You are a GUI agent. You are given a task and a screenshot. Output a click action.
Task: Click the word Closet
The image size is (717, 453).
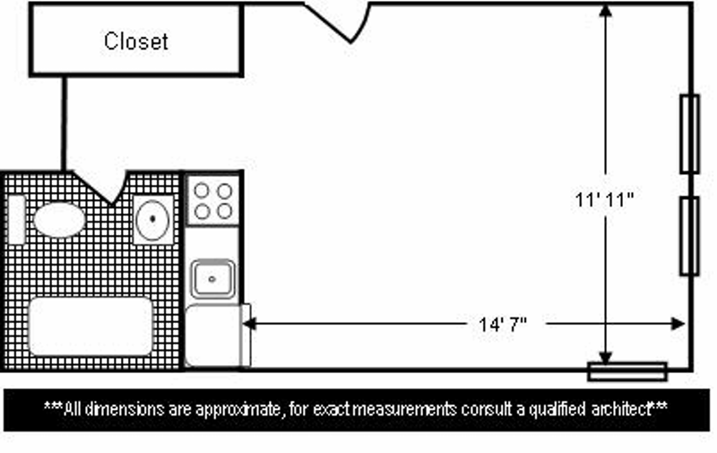136,41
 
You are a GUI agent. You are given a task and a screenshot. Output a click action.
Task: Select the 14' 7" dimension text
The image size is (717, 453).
503,323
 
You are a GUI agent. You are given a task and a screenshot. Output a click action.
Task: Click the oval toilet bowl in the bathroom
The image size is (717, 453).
59,220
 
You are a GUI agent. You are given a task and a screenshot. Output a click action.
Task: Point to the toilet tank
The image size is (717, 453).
16,220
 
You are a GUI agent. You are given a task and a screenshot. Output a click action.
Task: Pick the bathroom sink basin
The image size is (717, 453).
153,219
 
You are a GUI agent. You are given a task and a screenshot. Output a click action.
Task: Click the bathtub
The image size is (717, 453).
91,327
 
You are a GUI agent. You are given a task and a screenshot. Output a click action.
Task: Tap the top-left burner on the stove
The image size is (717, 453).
202,191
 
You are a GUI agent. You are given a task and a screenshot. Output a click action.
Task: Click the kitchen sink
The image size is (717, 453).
212,279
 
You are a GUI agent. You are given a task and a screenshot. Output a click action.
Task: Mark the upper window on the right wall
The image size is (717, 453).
689,134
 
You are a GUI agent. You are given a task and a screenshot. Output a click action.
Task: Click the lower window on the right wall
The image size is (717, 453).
689,235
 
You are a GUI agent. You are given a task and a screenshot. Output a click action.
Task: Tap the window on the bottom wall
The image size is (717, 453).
627,370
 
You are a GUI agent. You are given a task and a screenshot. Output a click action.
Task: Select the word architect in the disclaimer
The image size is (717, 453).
618,409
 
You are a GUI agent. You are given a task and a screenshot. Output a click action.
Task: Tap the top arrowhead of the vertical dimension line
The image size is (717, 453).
607,12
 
